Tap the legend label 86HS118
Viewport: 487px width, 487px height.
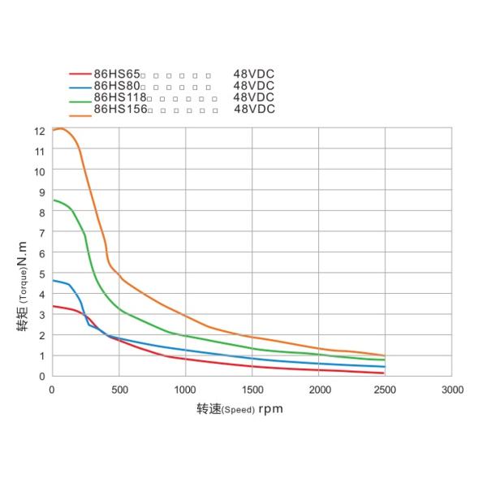(x=119, y=97)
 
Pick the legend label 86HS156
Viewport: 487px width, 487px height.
(x=121, y=109)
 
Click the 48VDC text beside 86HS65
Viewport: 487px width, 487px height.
(x=253, y=74)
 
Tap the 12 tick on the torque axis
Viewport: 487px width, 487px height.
(x=39, y=131)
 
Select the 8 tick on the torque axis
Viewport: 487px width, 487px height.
(x=41, y=212)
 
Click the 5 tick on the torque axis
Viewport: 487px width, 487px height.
(x=41, y=274)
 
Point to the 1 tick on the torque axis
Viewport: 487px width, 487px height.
(x=41, y=356)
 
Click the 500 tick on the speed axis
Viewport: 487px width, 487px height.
(x=119, y=390)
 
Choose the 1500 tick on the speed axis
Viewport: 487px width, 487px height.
(x=252, y=390)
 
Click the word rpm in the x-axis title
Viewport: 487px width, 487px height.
(x=271, y=409)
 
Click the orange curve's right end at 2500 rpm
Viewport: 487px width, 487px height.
(x=384, y=356)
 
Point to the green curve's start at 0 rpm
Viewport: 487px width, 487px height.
(x=54, y=200)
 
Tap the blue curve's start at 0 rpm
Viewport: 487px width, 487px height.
(x=54, y=280)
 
